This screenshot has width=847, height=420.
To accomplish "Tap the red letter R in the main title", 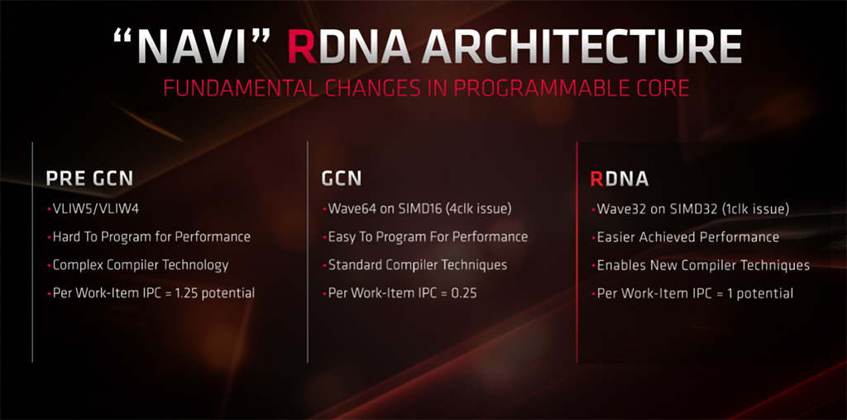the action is pyautogui.click(x=301, y=46).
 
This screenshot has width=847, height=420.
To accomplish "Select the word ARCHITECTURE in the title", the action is pyautogui.click(x=581, y=46).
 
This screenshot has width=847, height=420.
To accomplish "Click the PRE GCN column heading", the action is pyautogui.click(x=89, y=179).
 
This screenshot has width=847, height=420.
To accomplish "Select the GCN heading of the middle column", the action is pyautogui.click(x=342, y=179).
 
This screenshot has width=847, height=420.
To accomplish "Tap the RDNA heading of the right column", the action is pyautogui.click(x=620, y=179).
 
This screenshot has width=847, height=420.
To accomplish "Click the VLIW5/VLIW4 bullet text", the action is pyautogui.click(x=96, y=209).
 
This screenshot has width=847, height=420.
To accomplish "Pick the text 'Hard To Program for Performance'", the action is pyautogui.click(x=151, y=237).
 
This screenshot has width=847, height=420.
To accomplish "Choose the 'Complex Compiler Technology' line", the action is pyautogui.click(x=141, y=265).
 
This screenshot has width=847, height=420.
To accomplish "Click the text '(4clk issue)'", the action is pyautogui.click(x=479, y=210).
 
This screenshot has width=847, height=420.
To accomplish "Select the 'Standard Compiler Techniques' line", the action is pyautogui.click(x=418, y=265).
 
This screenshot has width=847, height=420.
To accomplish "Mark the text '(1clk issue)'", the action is pyautogui.click(x=754, y=210).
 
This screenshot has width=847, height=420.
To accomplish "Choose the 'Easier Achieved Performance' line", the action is pyautogui.click(x=688, y=237).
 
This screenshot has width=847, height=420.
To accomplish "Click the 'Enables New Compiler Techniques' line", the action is pyautogui.click(x=703, y=265).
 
